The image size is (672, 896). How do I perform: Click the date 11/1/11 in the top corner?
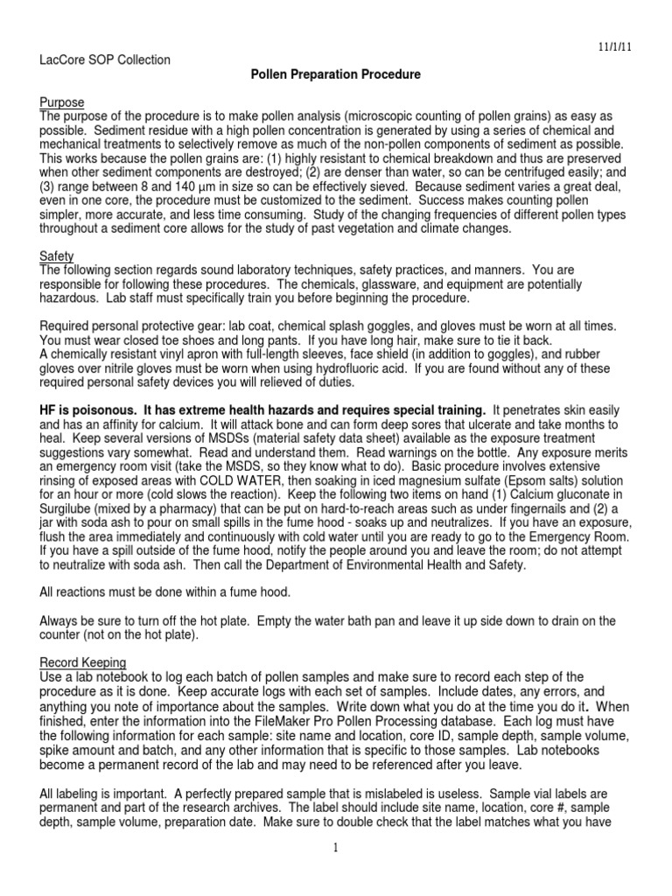(x=633, y=42)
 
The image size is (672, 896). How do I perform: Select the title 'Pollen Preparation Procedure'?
(x=336, y=75)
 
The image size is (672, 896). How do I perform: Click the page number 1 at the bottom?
(x=336, y=847)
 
